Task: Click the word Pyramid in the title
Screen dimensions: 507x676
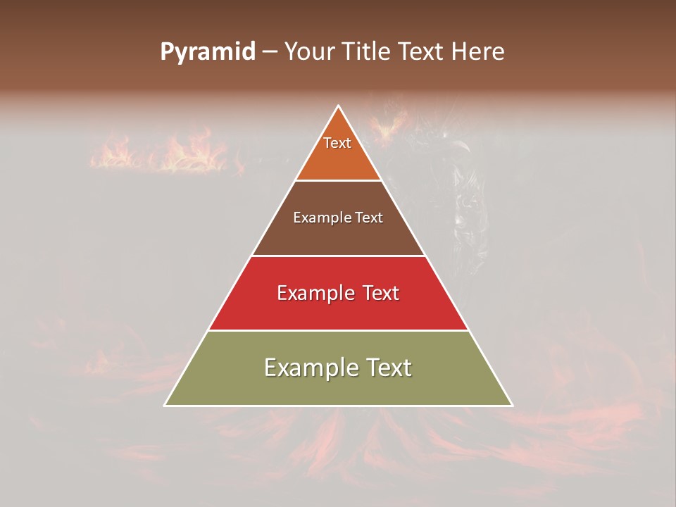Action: click(207, 52)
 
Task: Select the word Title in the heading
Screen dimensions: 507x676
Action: click(366, 52)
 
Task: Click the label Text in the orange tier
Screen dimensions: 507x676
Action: click(337, 143)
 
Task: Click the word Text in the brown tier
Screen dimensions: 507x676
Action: click(370, 218)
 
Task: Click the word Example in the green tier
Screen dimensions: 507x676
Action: click(309, 368)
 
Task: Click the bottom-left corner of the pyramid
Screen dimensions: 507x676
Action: click(165, 405)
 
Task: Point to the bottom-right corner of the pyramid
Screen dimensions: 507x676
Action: click(511, 405)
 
